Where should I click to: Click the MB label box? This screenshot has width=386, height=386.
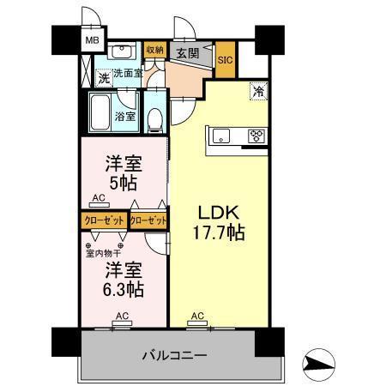click(x=91, y=39)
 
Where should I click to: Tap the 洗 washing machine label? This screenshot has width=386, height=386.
click(x=102, y=78)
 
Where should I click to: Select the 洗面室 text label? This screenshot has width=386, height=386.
click(x=129, y=74)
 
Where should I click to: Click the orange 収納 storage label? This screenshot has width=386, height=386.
click(x=154, y=51)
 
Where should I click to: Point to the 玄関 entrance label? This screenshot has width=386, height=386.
click(x=189, y=52)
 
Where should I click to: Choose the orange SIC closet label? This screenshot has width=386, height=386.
click(x=225, y=60)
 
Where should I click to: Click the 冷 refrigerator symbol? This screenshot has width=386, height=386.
click(x=258, y=88)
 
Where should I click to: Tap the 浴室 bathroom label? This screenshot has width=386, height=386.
click(x=125, y=116)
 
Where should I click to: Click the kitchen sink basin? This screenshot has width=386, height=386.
click(x=219, y=135)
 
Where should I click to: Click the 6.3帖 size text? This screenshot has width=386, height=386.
click(x=124, y=290)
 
